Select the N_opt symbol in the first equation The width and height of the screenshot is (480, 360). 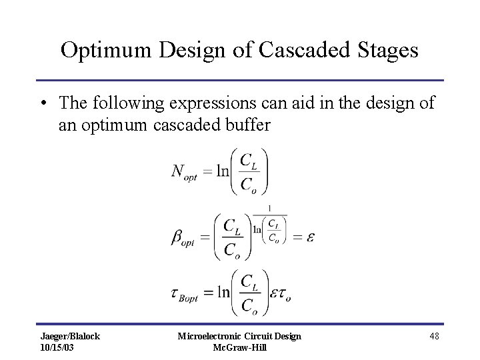click(x=184, y=172)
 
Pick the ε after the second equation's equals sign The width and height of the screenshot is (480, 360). click(x=310, y=237)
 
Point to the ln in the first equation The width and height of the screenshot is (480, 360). click(x=221, y=171)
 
